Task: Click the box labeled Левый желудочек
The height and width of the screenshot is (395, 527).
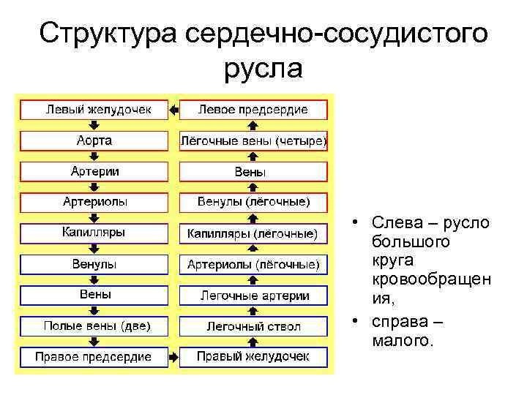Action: (x=94, y=110)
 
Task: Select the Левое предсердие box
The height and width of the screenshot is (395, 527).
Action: (x=253, y=110)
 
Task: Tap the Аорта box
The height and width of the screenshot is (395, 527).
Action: (x=94, y=140)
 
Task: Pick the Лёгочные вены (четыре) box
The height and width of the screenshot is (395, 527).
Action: (x=253, y=141)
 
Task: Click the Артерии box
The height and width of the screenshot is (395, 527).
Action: (x=94, y=171)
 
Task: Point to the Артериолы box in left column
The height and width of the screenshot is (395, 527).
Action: (x=94, y=201)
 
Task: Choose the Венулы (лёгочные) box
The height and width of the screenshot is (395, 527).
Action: (x=253, y=201)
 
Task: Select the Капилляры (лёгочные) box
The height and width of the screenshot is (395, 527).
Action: (x=253, y=233)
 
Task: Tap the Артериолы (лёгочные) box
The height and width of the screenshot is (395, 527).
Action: (x=253, y=264)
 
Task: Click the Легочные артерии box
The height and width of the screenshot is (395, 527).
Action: (x=253, y=296)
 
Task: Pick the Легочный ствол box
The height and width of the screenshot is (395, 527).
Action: (x=253, y=326)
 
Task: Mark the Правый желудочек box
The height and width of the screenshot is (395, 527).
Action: (x=253, y=357)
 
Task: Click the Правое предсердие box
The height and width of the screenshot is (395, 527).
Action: (x=94, y=357)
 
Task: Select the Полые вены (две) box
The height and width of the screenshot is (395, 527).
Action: (x=94, y=326)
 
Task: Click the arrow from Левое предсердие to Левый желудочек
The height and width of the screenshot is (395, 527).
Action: (x=173, y=110)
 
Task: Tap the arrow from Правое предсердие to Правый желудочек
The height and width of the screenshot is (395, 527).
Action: (x=173, y=358)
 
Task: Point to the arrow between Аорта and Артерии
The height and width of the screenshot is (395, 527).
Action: (x=94, y=156)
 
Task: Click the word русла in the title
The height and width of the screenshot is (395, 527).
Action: (x=263, y=69)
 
